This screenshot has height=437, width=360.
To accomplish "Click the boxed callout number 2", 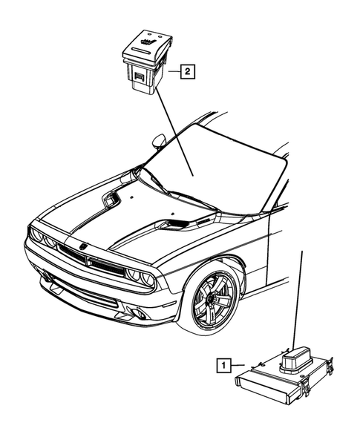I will tap(186, 71).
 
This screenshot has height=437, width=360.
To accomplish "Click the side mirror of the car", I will tap(159, 139).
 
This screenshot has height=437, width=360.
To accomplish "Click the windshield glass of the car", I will tap(215, 167).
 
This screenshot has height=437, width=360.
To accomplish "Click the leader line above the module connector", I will tap(298, 297).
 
